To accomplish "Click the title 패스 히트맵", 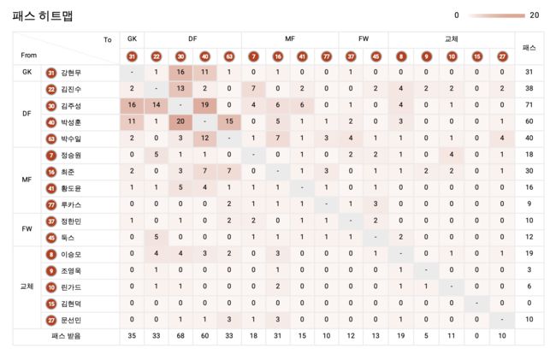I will tap(42, 15).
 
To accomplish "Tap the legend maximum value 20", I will tap(535, 15).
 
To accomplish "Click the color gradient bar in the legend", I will tap(496, 15).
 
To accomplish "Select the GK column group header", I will tap(132, 39).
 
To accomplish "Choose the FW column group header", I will tap(364, 39).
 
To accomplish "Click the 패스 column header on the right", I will tap(529, 47).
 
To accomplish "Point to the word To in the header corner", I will tap(107, 39).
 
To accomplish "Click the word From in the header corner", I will tap(28, 56).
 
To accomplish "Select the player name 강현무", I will tap(72, 73).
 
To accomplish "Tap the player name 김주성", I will tap(72, 105).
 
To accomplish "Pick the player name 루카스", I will tap(72, 204).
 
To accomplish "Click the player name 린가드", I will tap(72, 286).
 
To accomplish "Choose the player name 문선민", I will tap(72, 320).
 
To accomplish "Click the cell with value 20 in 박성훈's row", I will tap(180, 121).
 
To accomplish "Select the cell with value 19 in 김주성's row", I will tap(205, 105).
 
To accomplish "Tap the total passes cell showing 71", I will tap(529, 105).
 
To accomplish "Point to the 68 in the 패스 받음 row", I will tap(180, 337).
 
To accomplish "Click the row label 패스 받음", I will tap(66, 337).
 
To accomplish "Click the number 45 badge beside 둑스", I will tap(51, 237).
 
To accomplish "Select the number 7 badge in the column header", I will tap(253, 56).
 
